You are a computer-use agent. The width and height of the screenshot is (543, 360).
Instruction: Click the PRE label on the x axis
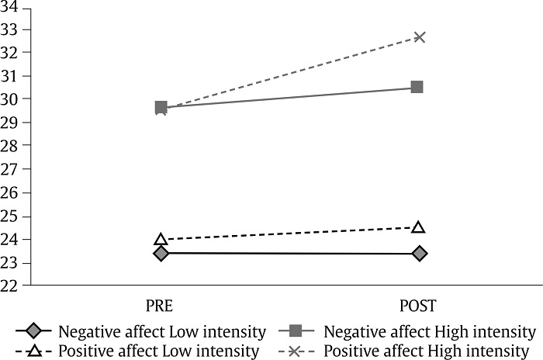[x=161, y=304]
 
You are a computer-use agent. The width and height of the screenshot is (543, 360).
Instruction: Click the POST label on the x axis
[x=419, y=304]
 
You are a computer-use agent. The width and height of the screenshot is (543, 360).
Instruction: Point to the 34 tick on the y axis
[x=12, y=7]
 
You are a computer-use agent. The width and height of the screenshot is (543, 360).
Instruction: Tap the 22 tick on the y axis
[x=12, y=286]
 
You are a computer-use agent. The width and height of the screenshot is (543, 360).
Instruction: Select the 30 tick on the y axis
[x=12, y=99]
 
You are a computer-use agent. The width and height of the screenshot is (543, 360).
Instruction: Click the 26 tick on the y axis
[x=12, y=192]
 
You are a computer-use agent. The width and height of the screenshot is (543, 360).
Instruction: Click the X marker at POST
[x=419, y=36]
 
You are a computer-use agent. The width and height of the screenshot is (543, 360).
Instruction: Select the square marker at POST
[x=417, y=87]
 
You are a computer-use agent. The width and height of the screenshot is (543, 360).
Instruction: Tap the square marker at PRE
[x=161, y=107]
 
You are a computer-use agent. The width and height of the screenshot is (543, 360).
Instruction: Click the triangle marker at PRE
[x=161, y=240]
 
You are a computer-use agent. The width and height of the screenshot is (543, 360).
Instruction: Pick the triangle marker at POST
[x=419, y=227]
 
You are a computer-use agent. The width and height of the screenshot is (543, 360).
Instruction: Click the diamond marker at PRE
[x=161, y=253]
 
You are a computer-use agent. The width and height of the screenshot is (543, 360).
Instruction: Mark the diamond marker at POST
[x=419, y=253]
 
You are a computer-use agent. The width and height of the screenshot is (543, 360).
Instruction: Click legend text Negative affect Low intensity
[x=162, y=332]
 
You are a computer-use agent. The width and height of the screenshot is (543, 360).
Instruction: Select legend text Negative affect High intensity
[x=430, y=332]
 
